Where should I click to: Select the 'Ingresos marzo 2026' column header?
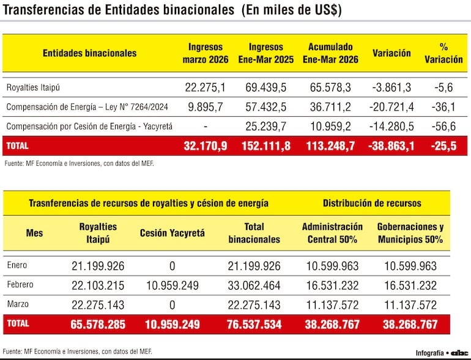[206, 53]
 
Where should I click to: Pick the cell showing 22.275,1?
[206, 87]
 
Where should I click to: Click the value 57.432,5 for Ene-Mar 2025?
[266, 107]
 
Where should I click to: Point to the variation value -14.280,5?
[391, 127]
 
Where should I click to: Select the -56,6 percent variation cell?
[443, 127]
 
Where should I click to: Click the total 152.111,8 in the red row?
[266, 146]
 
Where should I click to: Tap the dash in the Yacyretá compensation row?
[206, 127]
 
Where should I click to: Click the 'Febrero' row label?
[20, 285]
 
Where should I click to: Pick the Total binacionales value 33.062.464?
[253, 285]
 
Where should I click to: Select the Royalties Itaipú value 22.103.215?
[98, 285]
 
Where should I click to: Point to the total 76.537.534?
[253, 324]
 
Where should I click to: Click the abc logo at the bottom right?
[459, 353]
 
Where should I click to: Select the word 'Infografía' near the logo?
[429, 353]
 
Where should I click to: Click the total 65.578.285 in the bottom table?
[98, 324]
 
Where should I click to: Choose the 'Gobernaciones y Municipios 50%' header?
[410, 233]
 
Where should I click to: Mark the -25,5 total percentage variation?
[443, 146]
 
